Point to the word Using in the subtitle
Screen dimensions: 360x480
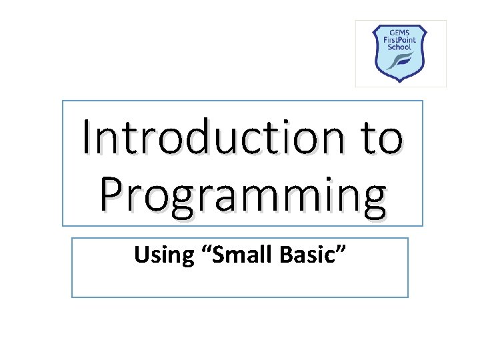158,254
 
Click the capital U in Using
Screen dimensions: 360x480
142,254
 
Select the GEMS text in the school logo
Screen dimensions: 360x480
401,31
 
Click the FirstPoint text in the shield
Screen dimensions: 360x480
401,39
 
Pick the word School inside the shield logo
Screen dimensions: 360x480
401,47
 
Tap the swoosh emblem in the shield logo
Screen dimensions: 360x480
402,61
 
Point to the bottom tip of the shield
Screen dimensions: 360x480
401,81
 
